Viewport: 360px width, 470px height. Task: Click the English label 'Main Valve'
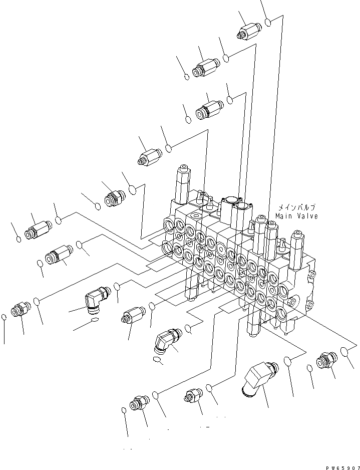(x=296, y=216)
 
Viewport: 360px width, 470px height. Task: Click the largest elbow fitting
(x=258, y=378)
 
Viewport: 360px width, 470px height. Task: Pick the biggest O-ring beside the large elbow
(x=288, y=361)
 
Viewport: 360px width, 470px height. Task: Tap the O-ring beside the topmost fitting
(x=268, y=23)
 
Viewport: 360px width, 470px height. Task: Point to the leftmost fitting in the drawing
(x=20, y=309)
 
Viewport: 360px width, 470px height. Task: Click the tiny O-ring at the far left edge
(x=5, y=317)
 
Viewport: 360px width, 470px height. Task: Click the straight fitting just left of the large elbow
(x=193, y=395)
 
